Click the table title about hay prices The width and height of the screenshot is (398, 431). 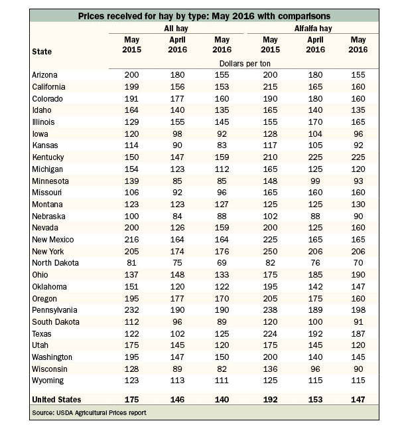204,16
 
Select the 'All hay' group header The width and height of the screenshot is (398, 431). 176,29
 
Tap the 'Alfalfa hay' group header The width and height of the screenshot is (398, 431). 313,29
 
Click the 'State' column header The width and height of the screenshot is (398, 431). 42,51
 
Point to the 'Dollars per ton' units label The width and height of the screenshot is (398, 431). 245,64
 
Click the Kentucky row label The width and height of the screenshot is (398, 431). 48,157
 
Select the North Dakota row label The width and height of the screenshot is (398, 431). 56,263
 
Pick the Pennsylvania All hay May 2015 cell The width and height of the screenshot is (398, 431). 131,310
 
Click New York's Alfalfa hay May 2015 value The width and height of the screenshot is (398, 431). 270,252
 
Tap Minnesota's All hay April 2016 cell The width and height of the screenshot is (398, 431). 177,181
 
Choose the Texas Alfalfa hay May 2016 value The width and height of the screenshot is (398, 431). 358,333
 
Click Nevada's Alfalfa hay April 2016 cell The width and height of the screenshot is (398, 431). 315,228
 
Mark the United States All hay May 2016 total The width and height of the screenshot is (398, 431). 222,399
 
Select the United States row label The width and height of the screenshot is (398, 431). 56,399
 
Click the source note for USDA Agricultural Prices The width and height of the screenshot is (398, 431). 89,412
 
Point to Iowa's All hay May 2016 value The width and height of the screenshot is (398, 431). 222,134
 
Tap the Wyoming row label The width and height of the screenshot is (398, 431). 48,381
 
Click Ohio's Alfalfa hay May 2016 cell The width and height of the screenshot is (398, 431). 358,274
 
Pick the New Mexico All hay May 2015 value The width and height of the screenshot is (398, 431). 131,240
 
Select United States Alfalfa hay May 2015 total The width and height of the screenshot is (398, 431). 270,399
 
